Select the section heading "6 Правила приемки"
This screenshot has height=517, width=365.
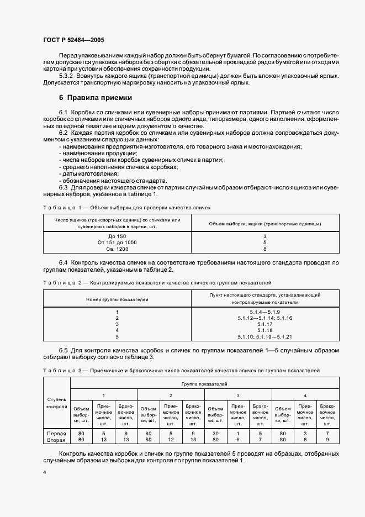96,97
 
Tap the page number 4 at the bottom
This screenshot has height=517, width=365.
44,473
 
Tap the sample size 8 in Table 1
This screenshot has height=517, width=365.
265,249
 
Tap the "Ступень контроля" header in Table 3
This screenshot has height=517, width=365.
57,402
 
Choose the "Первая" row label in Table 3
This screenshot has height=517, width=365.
57,434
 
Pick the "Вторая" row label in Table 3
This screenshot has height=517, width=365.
57,440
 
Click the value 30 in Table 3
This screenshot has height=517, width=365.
215,434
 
